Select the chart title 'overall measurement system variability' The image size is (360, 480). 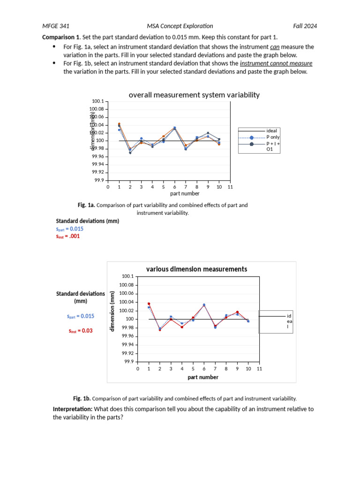(194, 95)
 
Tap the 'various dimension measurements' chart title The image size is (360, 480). (196, 269)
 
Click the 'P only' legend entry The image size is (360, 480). (273, 137)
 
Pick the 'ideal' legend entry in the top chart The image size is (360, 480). (271, 131)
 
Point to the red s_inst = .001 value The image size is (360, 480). (68, 236)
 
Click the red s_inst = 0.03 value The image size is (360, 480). (81, 330)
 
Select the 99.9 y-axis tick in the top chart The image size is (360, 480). (98, 180)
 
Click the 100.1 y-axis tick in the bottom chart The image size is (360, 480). (127, 277)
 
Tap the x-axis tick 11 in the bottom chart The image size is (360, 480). (259, 369)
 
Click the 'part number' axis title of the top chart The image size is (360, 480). (185, 194)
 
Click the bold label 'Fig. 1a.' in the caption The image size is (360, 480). (87, 205)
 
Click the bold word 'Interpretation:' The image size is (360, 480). (73, 409)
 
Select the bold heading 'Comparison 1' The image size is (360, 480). (60, 37)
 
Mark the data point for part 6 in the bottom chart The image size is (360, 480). (204, 305)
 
